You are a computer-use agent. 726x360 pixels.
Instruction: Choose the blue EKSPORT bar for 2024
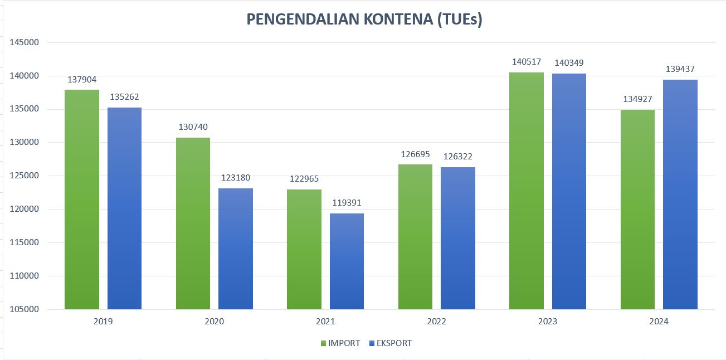click(680, 194)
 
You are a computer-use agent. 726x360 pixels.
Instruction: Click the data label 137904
click(82, 80)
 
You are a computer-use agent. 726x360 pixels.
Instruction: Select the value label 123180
click(235, 178)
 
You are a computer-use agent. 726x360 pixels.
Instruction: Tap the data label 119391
click(347, 203)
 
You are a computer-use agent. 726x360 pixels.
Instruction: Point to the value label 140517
click(527, 62)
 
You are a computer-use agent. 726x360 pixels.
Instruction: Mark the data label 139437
click(680, 70)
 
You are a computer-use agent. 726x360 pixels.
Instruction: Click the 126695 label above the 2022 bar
click(416, 154)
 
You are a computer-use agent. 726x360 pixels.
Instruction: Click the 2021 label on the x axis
click(325, 322)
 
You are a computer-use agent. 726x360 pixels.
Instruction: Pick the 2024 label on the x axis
click(659, 322)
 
